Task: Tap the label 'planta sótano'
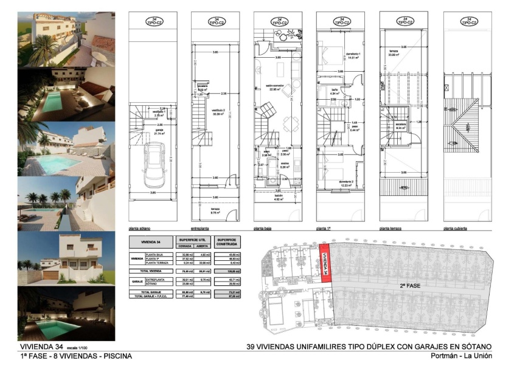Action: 139,229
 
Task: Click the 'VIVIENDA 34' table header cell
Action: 150,241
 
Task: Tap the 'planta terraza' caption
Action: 392,229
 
